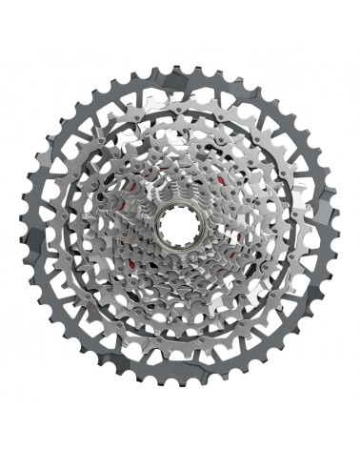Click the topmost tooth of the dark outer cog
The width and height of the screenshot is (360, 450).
pos(181,34)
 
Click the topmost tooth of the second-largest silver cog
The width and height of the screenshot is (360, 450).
pos(181,59)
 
